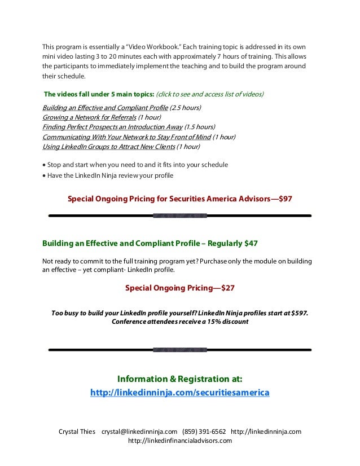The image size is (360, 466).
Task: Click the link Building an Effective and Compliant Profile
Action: coord(105,107)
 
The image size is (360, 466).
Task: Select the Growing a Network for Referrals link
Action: coord(89,117)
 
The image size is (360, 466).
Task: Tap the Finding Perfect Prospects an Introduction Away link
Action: coord(112,127)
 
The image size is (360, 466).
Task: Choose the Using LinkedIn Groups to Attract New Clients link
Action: coord(108,147)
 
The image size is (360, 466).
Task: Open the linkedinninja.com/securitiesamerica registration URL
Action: coord(180,392)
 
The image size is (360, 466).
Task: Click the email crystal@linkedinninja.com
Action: coord(139,432)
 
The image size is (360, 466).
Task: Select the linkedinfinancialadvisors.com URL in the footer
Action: coord(180,441)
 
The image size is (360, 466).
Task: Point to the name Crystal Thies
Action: coord(77,432)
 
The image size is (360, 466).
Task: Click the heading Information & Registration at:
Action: coord(180,378)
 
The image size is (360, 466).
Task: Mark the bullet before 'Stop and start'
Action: coord(44,165)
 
